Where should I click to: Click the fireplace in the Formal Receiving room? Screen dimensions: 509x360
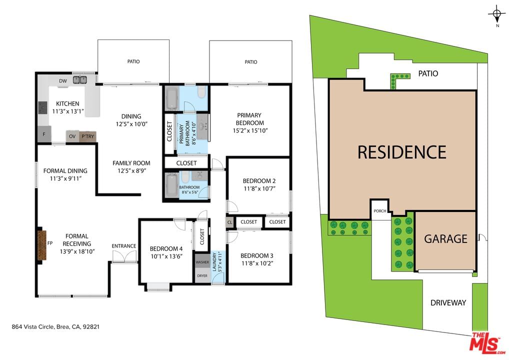coord(42,245)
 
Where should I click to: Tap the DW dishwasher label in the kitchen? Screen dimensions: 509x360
coord(63,81)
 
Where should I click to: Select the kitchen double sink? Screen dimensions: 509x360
coord(80,80)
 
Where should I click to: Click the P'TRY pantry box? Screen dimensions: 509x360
coord(87,136)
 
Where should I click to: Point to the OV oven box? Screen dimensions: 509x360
coord(72,136)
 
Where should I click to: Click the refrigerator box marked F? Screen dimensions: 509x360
coord(44,134)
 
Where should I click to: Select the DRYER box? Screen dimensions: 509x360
coord(202,275)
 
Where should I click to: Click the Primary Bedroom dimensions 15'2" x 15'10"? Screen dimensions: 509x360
coord(250,131)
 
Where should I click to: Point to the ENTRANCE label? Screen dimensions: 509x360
coord(124,246)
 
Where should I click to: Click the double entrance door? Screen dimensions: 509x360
coord(124,257)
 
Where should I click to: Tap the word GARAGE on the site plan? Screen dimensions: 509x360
coord(445,239)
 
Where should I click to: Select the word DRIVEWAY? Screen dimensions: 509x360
coord(448,303)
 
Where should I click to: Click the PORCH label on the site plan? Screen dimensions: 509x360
coord(380,211)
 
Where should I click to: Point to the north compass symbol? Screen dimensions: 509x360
coord(496,14)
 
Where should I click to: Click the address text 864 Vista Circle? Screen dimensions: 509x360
coord(32,327)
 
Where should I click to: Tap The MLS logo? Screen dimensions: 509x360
coord(487,343)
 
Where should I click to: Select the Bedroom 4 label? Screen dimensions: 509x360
coord(166,248)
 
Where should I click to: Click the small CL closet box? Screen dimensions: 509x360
coord(230,222)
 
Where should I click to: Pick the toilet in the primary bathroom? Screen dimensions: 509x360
coord(201,92)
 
